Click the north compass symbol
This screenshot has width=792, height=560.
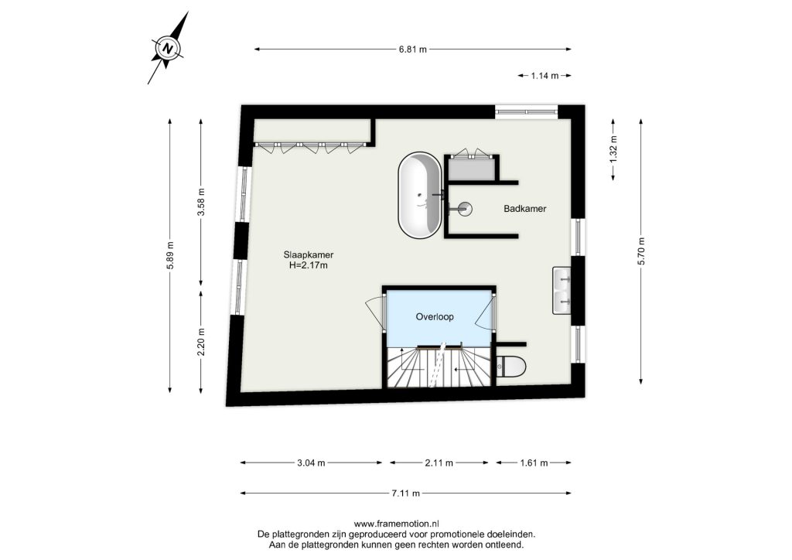[168, 48]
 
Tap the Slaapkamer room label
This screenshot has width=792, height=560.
[308, 255]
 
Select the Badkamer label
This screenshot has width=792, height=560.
[525, 209]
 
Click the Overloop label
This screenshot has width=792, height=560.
[435, 316]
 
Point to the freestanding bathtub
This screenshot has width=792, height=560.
[419, 195]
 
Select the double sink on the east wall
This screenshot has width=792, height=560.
[562, 291]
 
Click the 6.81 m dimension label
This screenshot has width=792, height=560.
[413, 50]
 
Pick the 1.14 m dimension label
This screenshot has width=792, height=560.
[544, 76]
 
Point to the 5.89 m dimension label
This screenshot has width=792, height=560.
[169, 255]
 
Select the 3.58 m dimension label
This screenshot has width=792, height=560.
[201, 202]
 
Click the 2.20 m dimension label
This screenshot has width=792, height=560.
[201, 341]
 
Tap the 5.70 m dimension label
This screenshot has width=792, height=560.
[641, 251]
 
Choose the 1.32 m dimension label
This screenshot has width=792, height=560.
[613, 149]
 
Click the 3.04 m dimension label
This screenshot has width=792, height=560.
[311, 463]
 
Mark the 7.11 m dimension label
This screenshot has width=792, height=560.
[405, 493]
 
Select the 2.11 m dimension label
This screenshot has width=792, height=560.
[439, 463]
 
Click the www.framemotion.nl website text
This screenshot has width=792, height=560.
[396, 524]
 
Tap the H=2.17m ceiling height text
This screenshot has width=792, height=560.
[308, 265]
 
